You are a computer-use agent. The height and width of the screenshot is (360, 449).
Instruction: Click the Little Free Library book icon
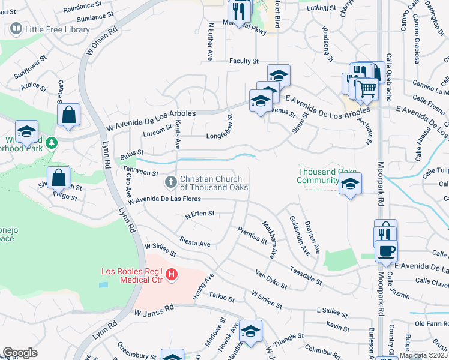16,28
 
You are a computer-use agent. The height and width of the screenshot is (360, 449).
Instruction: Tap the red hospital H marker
172,275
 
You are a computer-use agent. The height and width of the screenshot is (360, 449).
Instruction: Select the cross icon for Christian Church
171,181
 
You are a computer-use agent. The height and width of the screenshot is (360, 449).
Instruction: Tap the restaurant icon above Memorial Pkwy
238,11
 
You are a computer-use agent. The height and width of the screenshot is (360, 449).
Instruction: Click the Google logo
20,352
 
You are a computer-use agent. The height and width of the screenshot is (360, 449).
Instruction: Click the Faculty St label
243,61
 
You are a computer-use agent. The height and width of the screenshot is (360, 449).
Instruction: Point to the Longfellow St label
222,136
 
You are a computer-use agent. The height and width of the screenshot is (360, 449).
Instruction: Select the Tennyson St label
140,172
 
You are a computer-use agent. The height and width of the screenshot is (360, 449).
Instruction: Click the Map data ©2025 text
423,355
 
